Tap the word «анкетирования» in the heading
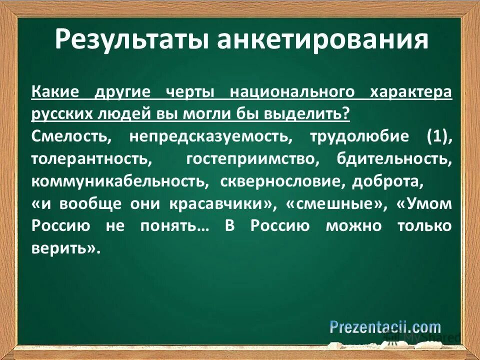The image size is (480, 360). click(x=323, y=40)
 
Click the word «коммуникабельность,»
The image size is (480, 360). click(x=120, y=181)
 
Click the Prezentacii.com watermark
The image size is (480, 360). click(x=385, y=327)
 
